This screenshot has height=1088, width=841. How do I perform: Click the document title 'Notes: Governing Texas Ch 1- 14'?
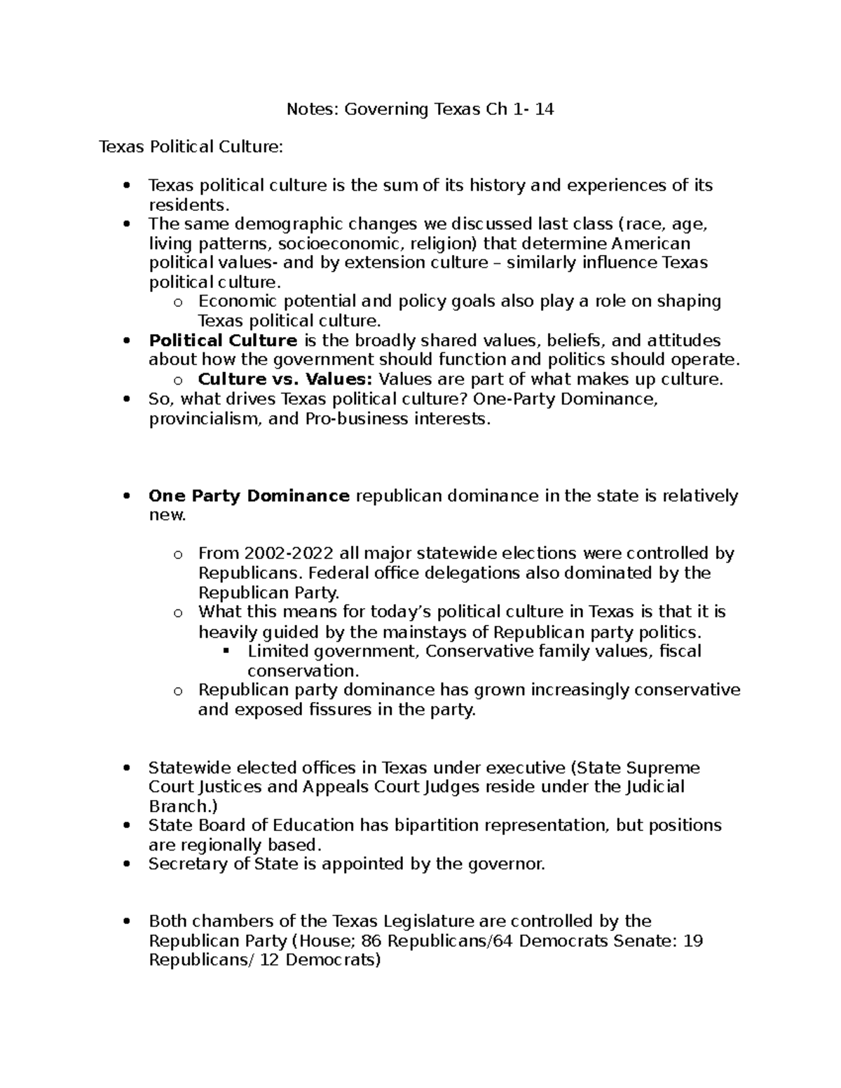pos(420,109)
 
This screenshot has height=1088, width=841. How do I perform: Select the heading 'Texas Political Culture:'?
pos(191,147)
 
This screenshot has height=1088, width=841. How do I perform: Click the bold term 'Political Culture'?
pos(223,340)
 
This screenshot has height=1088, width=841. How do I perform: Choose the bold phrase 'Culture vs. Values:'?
pos(286,380)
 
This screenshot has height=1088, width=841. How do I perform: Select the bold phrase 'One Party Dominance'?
pos(249,496)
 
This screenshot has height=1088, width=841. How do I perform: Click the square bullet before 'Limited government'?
pos(226,652)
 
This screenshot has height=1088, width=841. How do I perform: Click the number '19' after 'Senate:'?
pos(692,940)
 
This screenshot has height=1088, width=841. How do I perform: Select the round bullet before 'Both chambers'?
pos(127,921)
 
